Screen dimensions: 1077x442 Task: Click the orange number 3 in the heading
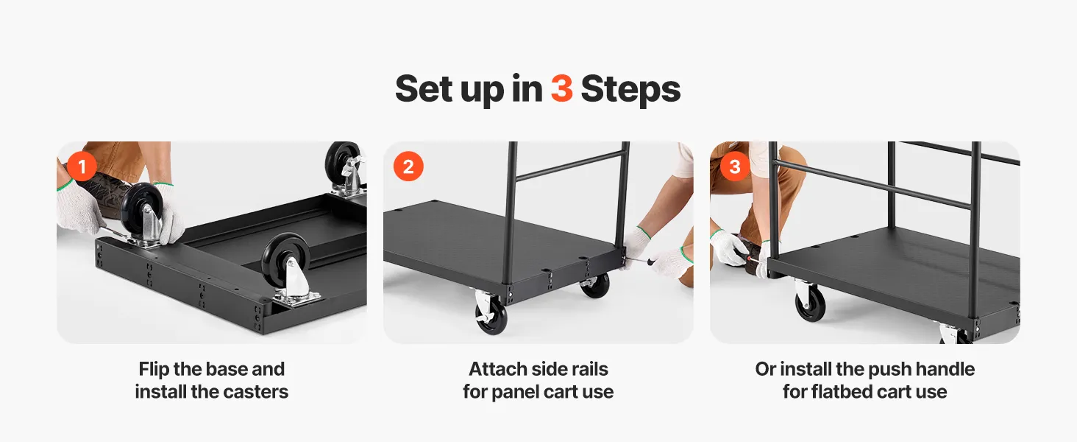561,88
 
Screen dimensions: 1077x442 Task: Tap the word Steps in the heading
630,90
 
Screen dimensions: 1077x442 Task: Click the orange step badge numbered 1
82,166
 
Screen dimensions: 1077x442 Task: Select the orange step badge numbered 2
408,166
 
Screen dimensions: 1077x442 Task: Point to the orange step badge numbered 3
735,166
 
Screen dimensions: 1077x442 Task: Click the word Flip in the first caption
154,369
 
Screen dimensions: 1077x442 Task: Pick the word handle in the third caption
945,369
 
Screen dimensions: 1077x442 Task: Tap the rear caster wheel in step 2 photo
594,284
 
